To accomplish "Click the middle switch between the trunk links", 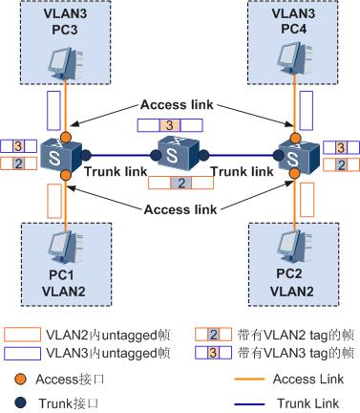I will [x=180, y=151].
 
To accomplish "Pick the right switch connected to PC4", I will [x=297, y=151].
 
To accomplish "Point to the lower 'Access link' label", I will [x=180, y=209].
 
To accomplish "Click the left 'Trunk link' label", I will [x=116, y=170].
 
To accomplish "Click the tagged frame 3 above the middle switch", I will [x=170, y=124].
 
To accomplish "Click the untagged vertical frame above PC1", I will [x=53, y=202].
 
